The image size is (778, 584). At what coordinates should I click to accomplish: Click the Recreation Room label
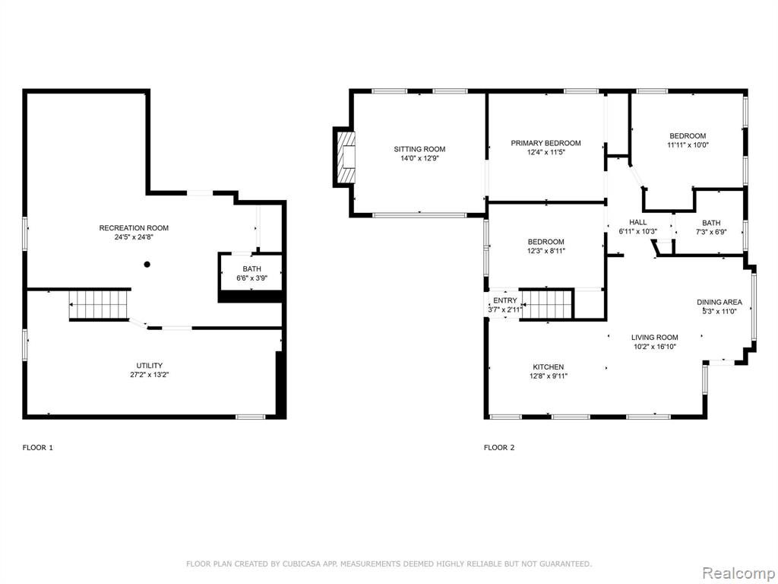[134, 228]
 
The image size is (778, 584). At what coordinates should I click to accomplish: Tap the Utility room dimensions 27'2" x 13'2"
[150, 375]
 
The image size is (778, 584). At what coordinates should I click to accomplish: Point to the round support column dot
[147, 265]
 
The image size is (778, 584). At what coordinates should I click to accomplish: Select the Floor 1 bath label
[252, 268]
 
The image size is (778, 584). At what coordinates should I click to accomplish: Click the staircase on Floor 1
[99, 304]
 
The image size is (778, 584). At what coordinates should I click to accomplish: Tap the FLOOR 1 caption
[38, 447]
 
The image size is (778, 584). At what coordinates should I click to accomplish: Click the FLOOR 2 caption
[499, 447]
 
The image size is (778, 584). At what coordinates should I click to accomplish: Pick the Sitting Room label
[419, 149]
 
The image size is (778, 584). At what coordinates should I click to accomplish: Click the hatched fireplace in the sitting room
[346, 157]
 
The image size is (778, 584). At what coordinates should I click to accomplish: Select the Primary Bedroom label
[546, 143]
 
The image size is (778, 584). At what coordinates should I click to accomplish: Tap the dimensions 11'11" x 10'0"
[688, 145]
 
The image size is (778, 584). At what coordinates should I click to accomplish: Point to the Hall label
[638, 222]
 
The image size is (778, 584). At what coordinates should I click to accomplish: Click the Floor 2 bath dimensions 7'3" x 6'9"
[711, 232]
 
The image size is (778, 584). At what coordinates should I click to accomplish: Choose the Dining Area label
[719, 302]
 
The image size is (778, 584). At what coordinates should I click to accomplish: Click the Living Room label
[655, 337]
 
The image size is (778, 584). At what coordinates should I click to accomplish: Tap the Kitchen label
[549, 367]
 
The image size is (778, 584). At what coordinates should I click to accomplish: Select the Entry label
[505, 300]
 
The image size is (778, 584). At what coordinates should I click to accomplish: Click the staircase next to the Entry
[546, 304]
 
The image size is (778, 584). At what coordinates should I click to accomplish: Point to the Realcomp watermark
[738, 573]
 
